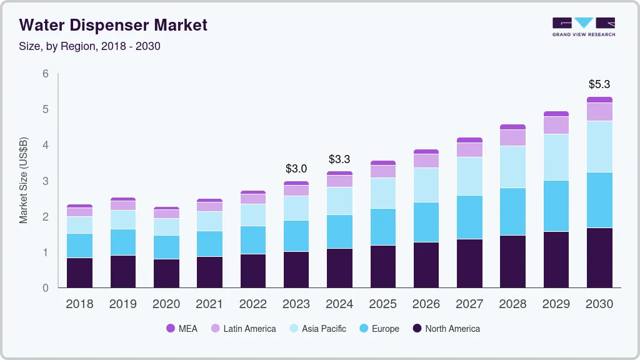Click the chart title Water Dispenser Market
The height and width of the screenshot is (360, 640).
[x=113, y=25]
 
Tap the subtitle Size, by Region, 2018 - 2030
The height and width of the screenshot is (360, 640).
[x=90, y=46]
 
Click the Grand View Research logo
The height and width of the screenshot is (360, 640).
[x=583, y=26]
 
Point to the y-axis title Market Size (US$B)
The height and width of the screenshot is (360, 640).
[x=24, y=181]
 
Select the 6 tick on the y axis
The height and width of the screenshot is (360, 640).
[x=45, y=74]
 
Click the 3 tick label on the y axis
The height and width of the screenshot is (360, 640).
[x=45, y=181]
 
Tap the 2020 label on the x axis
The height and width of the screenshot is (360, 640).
[x=166, y=304]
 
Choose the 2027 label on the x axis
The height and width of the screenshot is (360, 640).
[x=469, y=304]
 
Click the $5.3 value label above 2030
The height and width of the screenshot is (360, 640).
[x=599, y=84]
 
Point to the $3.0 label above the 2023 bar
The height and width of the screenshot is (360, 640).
[x=296, y=169]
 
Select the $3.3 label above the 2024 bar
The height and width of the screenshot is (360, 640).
[x=339, y=159]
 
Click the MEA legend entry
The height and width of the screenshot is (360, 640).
[x=182, y=329]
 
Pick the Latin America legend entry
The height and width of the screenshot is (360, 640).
[x=243, y=329]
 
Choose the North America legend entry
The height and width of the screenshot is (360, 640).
[x=446, y=329]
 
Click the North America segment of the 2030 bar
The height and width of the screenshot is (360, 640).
[x=599, y=257]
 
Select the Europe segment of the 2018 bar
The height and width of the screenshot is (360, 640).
[x=79, y=246]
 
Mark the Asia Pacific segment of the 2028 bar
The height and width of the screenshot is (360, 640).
[x=512, y=167]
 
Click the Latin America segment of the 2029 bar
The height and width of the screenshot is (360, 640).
[x=556, y=125]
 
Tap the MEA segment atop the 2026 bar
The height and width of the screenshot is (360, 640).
[x=426, y=151]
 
